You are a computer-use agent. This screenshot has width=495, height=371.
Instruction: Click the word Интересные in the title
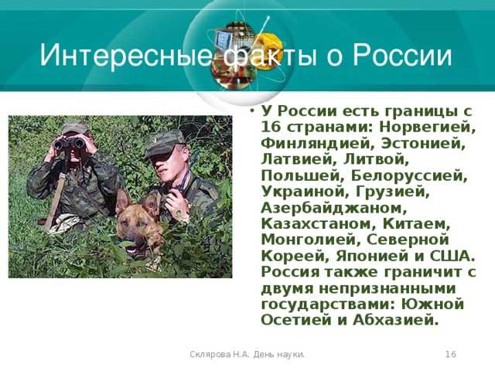126,56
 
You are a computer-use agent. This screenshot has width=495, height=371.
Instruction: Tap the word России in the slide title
402,56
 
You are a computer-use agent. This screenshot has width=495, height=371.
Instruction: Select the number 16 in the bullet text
271,127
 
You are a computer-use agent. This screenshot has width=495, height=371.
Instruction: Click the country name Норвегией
428,128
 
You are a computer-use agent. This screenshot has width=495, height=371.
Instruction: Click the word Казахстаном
318,224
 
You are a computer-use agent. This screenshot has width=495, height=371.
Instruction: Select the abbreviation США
452,256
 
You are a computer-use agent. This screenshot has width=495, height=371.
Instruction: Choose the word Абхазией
396,321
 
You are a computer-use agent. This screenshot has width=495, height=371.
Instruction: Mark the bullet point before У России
252,111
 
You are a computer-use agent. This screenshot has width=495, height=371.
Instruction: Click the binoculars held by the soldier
69,144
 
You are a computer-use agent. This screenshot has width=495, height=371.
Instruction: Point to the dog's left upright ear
122,201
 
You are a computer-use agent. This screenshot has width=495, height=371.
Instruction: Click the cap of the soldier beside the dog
164,143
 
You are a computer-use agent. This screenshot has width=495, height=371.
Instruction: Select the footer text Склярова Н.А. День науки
247,354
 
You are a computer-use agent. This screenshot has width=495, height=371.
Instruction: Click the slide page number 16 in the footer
451,354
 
